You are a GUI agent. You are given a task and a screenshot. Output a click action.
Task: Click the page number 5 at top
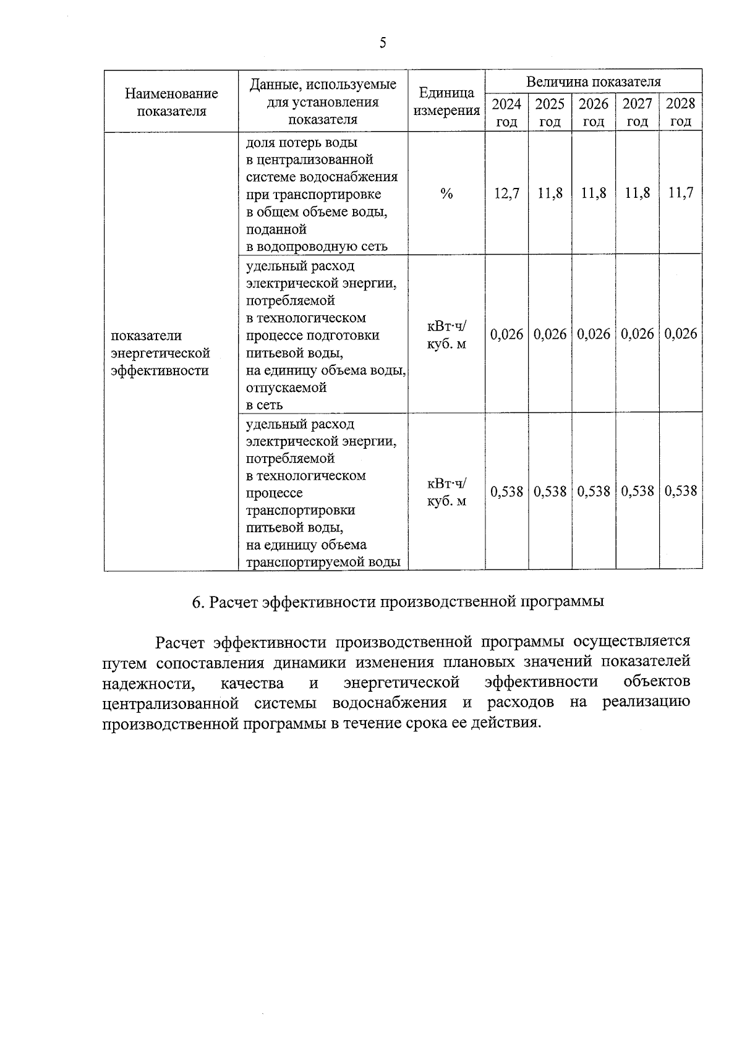click(383, 43)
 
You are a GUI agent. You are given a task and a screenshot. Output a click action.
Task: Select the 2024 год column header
click(506, 112)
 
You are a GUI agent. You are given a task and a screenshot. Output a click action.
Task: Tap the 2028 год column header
click(680, 112)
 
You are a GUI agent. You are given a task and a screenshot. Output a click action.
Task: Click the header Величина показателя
click(593, 82)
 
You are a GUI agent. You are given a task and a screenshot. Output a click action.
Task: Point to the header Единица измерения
click(446, 102)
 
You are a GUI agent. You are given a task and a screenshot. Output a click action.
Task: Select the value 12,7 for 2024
click(506, 193)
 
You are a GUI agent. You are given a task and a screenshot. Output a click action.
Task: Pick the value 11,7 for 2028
click(680, 193)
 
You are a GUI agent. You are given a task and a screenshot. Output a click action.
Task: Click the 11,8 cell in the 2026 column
click(593, 193)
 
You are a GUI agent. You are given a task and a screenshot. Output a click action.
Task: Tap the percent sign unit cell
click(446, 194)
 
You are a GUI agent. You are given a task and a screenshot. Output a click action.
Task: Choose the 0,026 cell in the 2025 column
click(550, 334)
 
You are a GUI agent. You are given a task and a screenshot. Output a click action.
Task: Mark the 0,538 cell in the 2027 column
click(637, 491)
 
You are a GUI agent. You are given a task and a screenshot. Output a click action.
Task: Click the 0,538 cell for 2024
click(506, 491)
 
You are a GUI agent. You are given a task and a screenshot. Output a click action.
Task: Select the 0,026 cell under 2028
click(680, 334)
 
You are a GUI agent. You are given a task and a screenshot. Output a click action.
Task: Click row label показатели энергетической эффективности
click(160, 353)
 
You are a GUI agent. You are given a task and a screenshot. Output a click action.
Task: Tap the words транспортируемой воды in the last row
click(323, 563)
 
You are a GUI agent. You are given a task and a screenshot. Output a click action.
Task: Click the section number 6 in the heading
click(197, 602)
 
